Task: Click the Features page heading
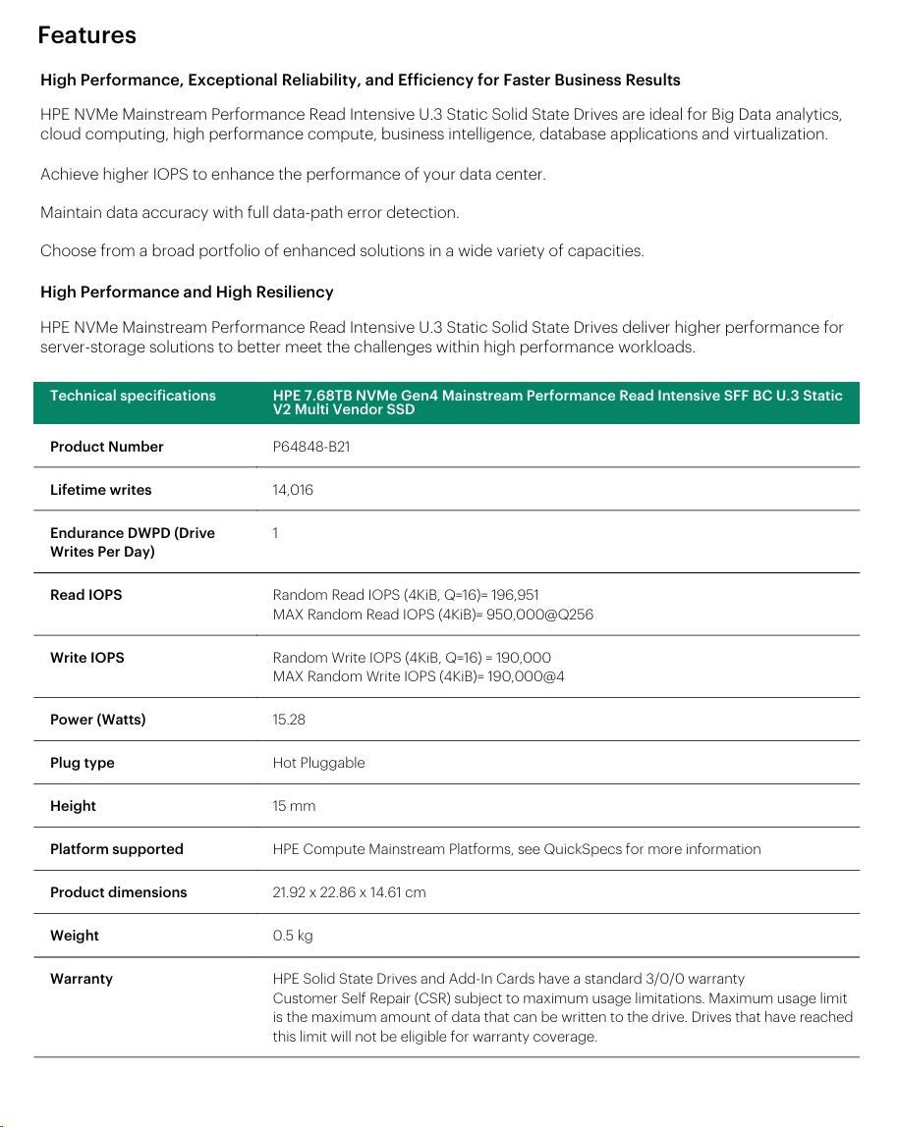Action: pyautogui.click(x=86, y=35)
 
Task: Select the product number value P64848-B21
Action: pyautogui.click(x=311, y=447)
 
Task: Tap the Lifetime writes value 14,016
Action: pyautogui.click(x=293, y=490)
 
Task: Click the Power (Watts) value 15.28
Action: pyautogui.click(x=289, y=720)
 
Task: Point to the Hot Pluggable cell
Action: pyautogui.click(x=318, y=763)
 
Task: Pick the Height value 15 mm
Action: pyautogui.click(x=294, y=806)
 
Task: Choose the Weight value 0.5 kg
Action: pyautogui.click(x=293, y=936)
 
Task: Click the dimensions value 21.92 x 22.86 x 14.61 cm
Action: pyautogui.click(x=349, y=892)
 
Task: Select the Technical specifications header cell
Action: pyautogui.click(x=133, y=396)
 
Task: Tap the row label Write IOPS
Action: pyautogui.click(x=87, y=658)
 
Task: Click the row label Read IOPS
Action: pyautogui.click(x=86, y=595)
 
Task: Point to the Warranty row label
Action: pyautogui.click(x=82, y=979)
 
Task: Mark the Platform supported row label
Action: pyautogui.click(x=117, y=849)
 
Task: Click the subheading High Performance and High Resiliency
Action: pyautogui.click(x=187, y=292)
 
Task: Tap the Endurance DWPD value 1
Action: pyautogui.click(x=276, y=533)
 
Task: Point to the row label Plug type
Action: pyautogui.click(x=83, y=763)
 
